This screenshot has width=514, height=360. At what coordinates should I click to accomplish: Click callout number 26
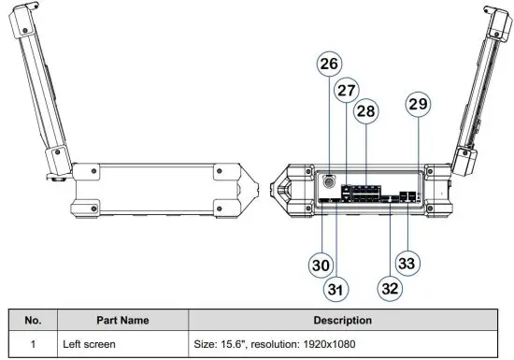[328, 65]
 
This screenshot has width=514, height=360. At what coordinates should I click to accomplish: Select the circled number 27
[347, 92]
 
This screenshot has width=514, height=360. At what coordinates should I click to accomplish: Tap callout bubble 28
[366, 111]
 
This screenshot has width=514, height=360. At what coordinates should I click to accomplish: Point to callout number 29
[418, 105]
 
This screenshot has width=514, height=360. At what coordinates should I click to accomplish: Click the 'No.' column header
[33, 320]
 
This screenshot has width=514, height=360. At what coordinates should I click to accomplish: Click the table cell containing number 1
[33, 343]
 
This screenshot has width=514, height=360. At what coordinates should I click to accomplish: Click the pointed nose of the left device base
[249, 191]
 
